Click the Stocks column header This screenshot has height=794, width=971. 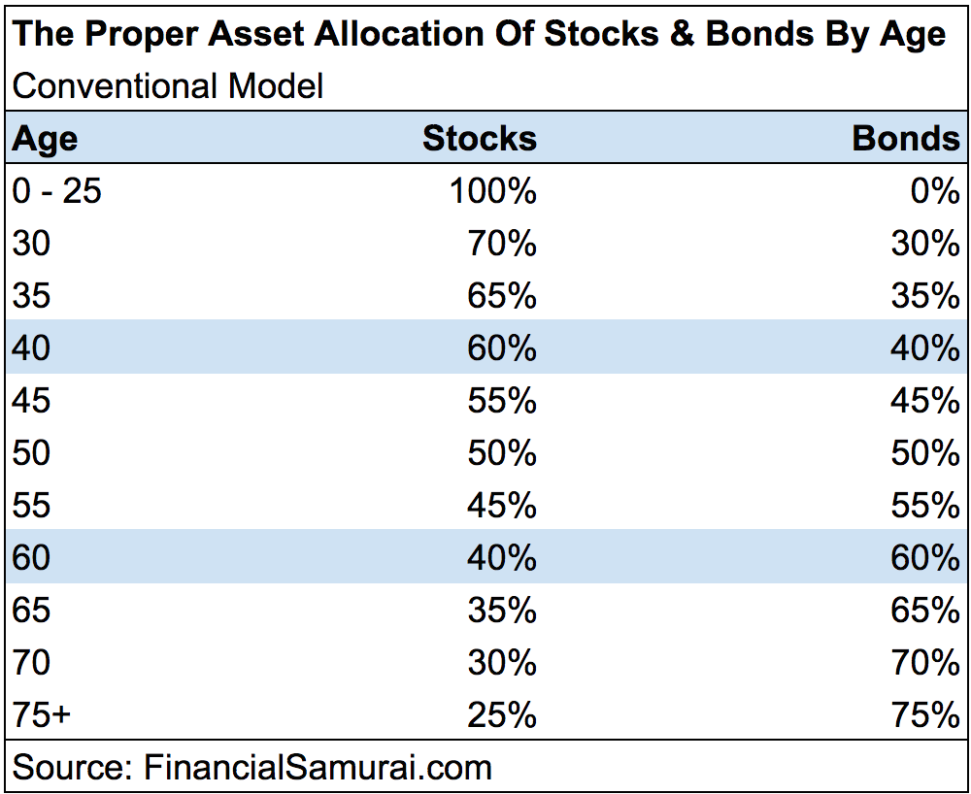pos(479,139)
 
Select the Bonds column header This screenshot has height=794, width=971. pos(905,139)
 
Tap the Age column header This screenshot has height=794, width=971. pos(45,139)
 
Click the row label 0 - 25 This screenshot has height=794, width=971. pos(57,191)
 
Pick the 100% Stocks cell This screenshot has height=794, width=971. pos(492,191)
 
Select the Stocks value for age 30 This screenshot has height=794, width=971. pos(501,244)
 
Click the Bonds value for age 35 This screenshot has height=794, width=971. pos(924,296)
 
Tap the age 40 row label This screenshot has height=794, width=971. pos(31,348)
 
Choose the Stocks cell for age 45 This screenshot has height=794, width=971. pos(501,401)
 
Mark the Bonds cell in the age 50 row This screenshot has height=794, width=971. pos(924,453)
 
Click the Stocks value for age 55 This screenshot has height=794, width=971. pos(501,506)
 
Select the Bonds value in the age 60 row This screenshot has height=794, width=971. pos(924,558)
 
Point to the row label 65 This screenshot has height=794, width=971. pos(31,611)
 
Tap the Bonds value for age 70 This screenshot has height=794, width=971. pos(924,663)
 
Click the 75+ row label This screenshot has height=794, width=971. pos(42,715)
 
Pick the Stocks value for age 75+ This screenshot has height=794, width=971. pos(501,715)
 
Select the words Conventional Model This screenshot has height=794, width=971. pos(167,86)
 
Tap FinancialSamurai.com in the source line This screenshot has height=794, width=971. pos(318,768)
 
